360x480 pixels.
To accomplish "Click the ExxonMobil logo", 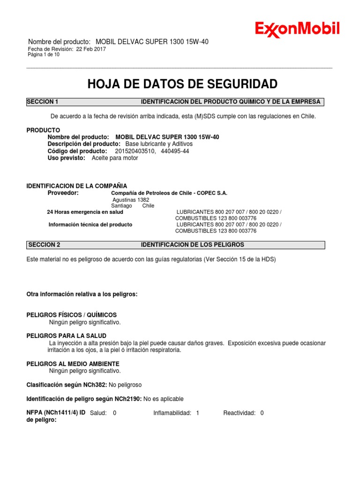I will (x=297, y=30).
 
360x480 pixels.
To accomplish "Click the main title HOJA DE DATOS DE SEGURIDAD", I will (x=182, y=84).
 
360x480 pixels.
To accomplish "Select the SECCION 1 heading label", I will (x=43, y=102).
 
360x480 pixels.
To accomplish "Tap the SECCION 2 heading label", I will (x=44, y=245).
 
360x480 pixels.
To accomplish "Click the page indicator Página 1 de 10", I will (x=44, y=55).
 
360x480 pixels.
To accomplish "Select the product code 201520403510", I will (x=134, y=151).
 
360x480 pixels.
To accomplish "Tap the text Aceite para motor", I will (x=115, y=158).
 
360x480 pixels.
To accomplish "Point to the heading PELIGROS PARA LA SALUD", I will (x=66, y=336).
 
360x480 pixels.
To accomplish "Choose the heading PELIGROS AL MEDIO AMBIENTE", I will (x=73, y=364).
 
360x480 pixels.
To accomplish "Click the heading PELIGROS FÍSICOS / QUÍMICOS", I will (x=72, y=315).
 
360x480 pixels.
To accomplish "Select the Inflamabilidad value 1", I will (x=197, y=413).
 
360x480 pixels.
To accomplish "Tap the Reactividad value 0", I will (x=262, y=413).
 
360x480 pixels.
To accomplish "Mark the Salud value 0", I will (x=115, y=413).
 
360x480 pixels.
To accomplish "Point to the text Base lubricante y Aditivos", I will (x=159, y=144).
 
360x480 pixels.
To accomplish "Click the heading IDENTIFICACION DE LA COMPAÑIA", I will (x=76, y=186).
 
